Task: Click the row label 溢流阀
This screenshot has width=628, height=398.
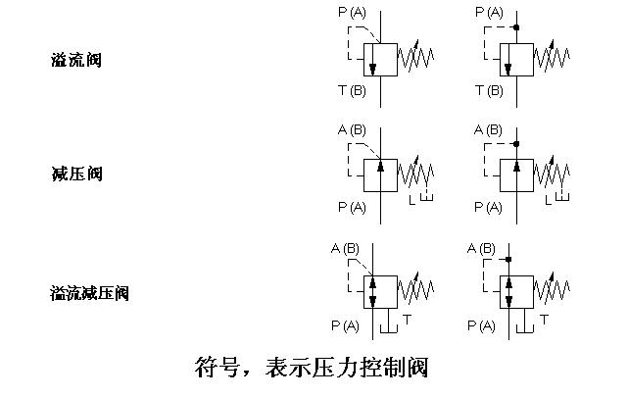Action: click(76, 61)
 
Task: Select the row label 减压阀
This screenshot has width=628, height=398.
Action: click(76, 174)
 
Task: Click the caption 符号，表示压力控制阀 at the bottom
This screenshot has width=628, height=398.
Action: click(313, 369)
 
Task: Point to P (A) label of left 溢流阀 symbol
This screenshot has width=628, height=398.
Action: click(352, 12)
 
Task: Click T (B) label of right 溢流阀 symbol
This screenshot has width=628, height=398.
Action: click(489, 90)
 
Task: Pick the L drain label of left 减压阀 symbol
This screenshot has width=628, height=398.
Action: click(412, 201)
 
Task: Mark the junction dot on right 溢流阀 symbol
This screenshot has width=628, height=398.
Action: click(516, 27)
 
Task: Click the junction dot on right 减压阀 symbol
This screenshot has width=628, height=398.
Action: click(516, 145)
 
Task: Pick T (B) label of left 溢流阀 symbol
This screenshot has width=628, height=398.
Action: click(352, 90)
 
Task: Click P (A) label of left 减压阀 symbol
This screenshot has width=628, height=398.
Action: click(352, 207)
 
